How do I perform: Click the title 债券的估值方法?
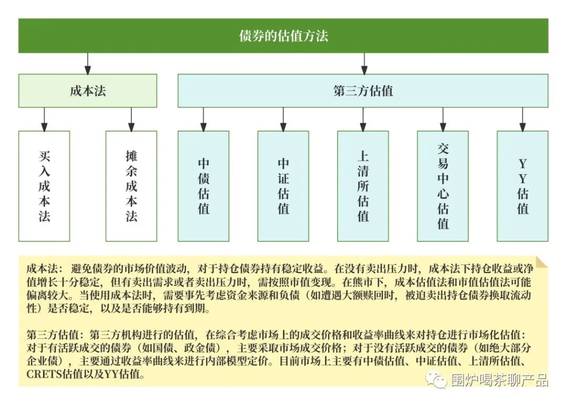pos(283,36)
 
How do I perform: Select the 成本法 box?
pos(88,90)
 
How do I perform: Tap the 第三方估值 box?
pos(363,90)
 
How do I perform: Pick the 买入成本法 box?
pos(44,186)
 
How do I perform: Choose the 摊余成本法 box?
pos(131,186)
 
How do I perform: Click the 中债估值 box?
pos(203,186)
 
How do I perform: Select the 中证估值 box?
pos(283,186)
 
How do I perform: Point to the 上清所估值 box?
pos(363,186)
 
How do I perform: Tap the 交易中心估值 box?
pos(443,186)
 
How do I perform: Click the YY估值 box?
pos(522,186)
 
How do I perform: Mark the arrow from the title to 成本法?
pos(88,63)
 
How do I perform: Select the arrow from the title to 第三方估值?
pos(364,63)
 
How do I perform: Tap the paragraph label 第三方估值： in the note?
pos(55,335)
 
